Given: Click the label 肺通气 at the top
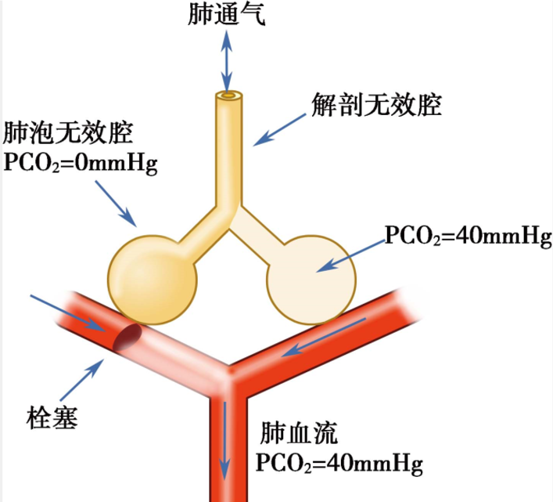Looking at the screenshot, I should (227, 16).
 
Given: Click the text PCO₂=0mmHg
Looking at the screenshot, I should (81, 163).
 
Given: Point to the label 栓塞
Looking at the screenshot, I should (53, 413).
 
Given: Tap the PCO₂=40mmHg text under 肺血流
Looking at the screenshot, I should (339, 463).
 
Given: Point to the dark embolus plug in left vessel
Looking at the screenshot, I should (127, 338).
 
